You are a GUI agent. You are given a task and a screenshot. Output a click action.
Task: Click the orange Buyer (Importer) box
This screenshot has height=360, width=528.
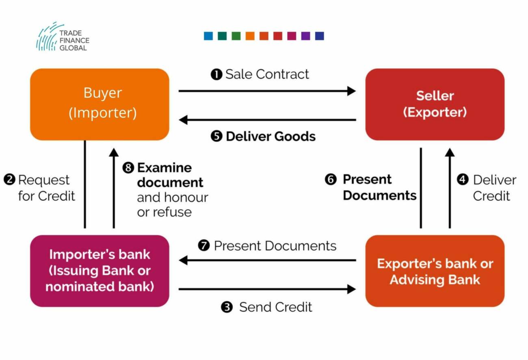click(x=100, y=104)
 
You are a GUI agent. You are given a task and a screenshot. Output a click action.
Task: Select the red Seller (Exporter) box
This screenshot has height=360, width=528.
click(x=435, y=104)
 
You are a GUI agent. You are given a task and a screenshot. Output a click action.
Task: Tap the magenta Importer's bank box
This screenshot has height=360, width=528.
click(x=100, y=271)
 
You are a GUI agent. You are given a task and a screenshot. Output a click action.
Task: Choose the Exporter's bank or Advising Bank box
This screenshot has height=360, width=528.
click(x=435, y=271)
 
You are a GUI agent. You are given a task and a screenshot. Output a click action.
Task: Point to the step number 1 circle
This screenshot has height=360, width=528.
click(x=216, y=74)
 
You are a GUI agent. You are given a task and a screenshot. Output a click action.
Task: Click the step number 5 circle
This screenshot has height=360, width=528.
click(x=216, y=137)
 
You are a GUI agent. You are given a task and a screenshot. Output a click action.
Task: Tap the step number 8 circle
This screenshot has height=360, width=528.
click(x=128, y=168)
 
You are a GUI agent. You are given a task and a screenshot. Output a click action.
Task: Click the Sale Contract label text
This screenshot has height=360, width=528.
click(x=267, y=74)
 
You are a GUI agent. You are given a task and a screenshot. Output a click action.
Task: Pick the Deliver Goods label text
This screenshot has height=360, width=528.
click(x=270, y=137)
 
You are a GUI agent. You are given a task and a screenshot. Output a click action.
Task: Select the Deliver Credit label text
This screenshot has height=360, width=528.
click(x=494, y=188)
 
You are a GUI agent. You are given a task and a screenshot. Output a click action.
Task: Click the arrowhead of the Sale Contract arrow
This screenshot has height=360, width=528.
click(x=351, y=91)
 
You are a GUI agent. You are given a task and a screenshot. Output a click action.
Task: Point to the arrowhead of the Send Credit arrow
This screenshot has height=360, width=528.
click(x=351, y=289)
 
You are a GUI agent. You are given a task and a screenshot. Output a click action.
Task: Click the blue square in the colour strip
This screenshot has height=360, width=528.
click(x=208, y=36)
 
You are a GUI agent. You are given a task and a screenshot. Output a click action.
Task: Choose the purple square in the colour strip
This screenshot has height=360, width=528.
click(x=305, y=36)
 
